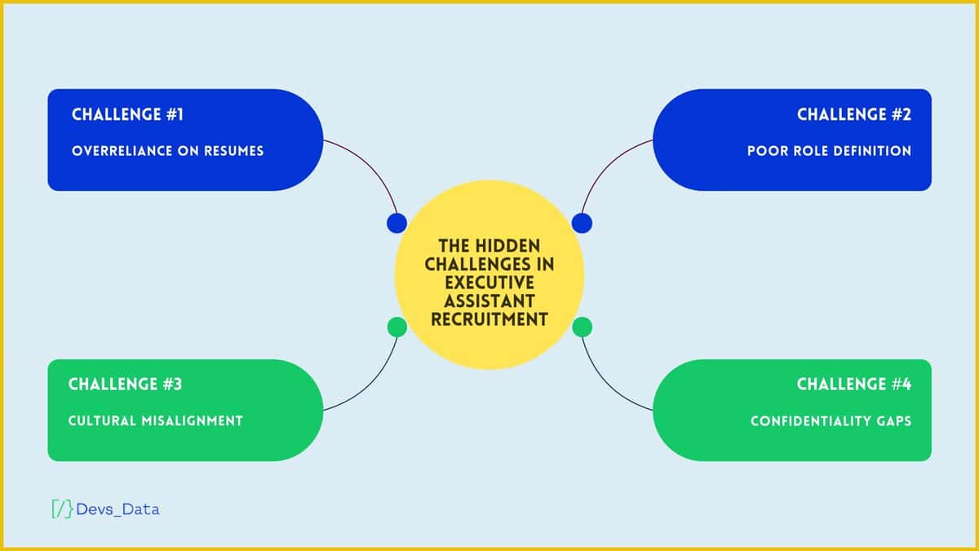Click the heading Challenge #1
127,114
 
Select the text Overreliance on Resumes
167,151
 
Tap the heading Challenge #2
853,114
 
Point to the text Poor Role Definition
829,151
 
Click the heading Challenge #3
126,384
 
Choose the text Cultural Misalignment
156,421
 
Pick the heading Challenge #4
853,384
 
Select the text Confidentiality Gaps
831,421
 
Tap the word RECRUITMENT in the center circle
489,319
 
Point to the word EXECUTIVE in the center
489,282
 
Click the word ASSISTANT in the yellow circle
489,300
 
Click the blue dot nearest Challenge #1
396,223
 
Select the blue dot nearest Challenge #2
582,223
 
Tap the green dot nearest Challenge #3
396,327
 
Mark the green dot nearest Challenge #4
582,327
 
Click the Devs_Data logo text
118,509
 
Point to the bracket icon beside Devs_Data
61,509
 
